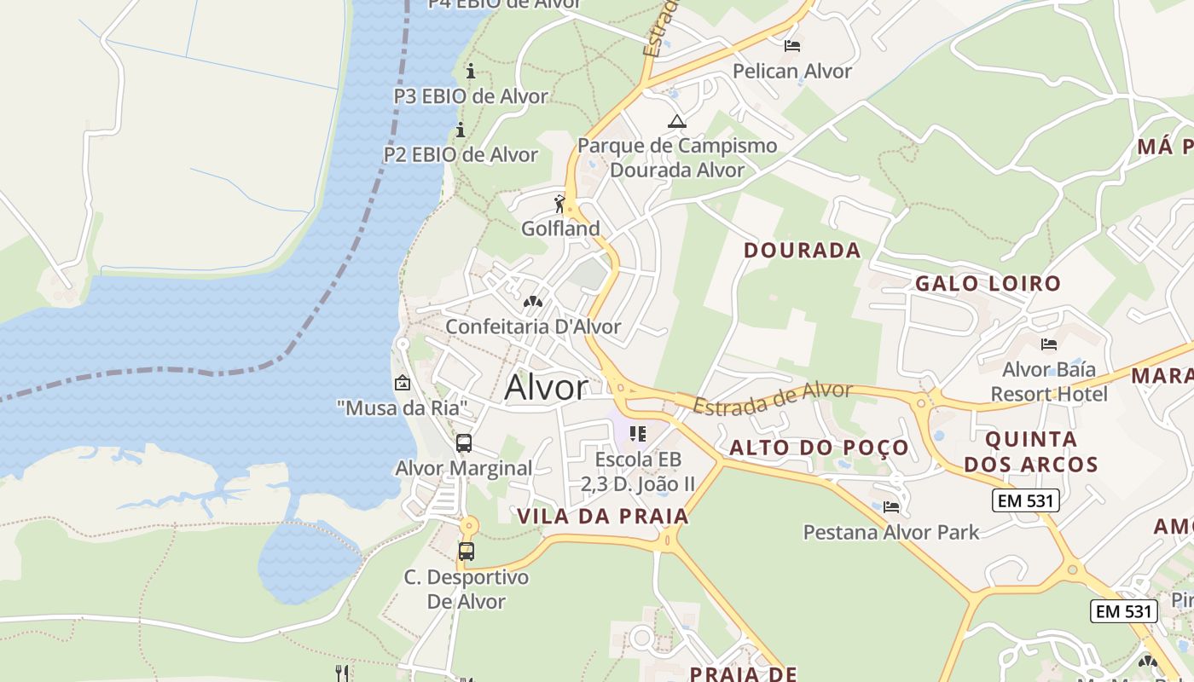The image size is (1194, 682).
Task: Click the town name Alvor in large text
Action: click(547, 388)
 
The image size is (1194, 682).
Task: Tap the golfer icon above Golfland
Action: click(559, 204)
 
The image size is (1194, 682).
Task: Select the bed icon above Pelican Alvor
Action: click(792, 45)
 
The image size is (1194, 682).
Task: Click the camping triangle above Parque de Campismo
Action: click(677, 121)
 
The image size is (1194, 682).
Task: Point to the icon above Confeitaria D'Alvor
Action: click(533, 302)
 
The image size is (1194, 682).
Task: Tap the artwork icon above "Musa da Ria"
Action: click(402, 384)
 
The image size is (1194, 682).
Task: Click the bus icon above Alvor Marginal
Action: click(464, 443)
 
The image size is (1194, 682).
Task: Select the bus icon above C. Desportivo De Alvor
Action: click(466, 552)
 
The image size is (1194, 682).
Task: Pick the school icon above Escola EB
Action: click(638, 434)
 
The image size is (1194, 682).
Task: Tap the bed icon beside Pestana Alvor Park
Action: click(891, 506)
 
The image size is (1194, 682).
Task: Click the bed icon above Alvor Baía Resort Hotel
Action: click(1049, 344)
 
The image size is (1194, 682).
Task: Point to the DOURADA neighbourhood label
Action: click(803, 250)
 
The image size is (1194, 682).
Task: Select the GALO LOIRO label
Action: click(988, 283)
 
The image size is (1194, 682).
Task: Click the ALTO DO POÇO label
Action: click(819, 448)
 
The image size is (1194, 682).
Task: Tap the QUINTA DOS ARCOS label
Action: click(1041, 452)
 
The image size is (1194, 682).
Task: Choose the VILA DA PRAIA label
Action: click(602, 516)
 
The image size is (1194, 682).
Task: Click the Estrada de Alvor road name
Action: click(773, 398)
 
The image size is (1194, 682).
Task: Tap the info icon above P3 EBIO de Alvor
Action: click(470, 71)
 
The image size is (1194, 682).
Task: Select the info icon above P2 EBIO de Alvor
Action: click(461, 130)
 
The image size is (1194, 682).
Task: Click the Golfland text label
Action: click(560, 228)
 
